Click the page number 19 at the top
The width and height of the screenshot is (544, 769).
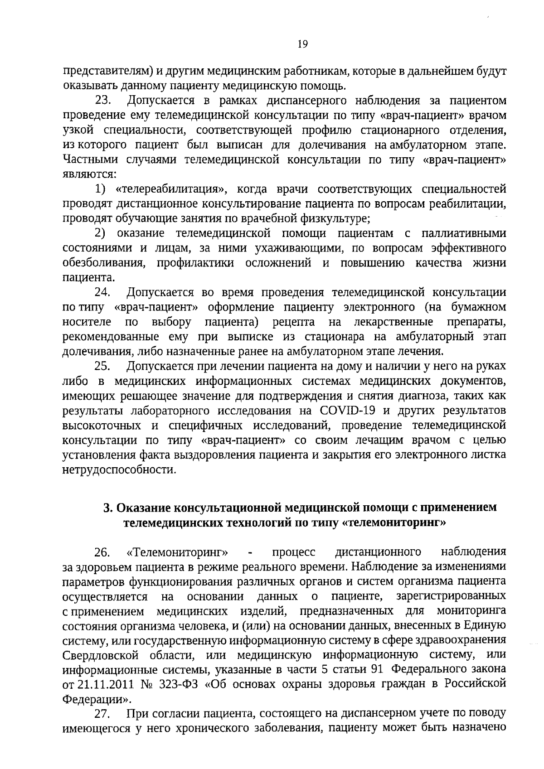[303, 44]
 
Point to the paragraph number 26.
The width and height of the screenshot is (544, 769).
[103, 552]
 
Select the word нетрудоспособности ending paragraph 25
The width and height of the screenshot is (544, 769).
[119, 470]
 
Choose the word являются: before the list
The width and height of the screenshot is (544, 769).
[89, 174]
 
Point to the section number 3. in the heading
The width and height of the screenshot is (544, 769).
[107, 508]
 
